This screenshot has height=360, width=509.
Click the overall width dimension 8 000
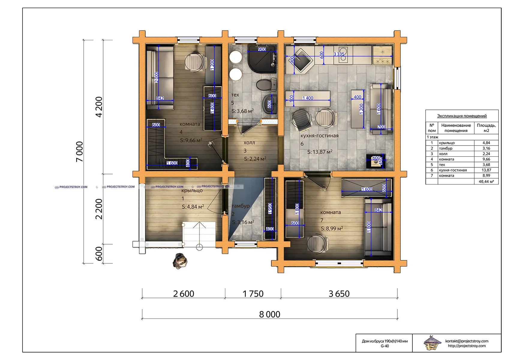point(270,314)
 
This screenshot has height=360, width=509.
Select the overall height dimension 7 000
point(79,151)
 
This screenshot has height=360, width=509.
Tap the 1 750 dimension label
point(253,294)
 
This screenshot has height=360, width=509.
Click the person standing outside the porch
point(180,261)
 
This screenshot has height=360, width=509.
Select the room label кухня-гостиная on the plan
point(319,136)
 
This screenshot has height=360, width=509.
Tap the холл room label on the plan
point(249,143)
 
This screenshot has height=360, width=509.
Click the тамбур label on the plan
point(241,206)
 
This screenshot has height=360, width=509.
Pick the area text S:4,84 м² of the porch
point(193,207)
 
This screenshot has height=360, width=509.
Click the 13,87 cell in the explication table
point(486,170)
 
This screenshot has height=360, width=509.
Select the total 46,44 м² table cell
point(486,181)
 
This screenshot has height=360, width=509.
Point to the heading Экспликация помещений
point(462,116)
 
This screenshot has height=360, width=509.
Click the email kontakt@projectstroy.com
point(466,341)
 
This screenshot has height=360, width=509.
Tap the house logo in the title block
point(432,343)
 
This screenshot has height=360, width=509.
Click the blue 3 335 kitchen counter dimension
point(339,54)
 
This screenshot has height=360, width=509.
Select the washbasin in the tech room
point(270,104)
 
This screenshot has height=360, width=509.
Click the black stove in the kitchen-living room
point(376,161)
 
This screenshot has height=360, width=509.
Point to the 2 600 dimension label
point(183,294)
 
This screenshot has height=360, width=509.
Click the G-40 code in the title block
point(385,346)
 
